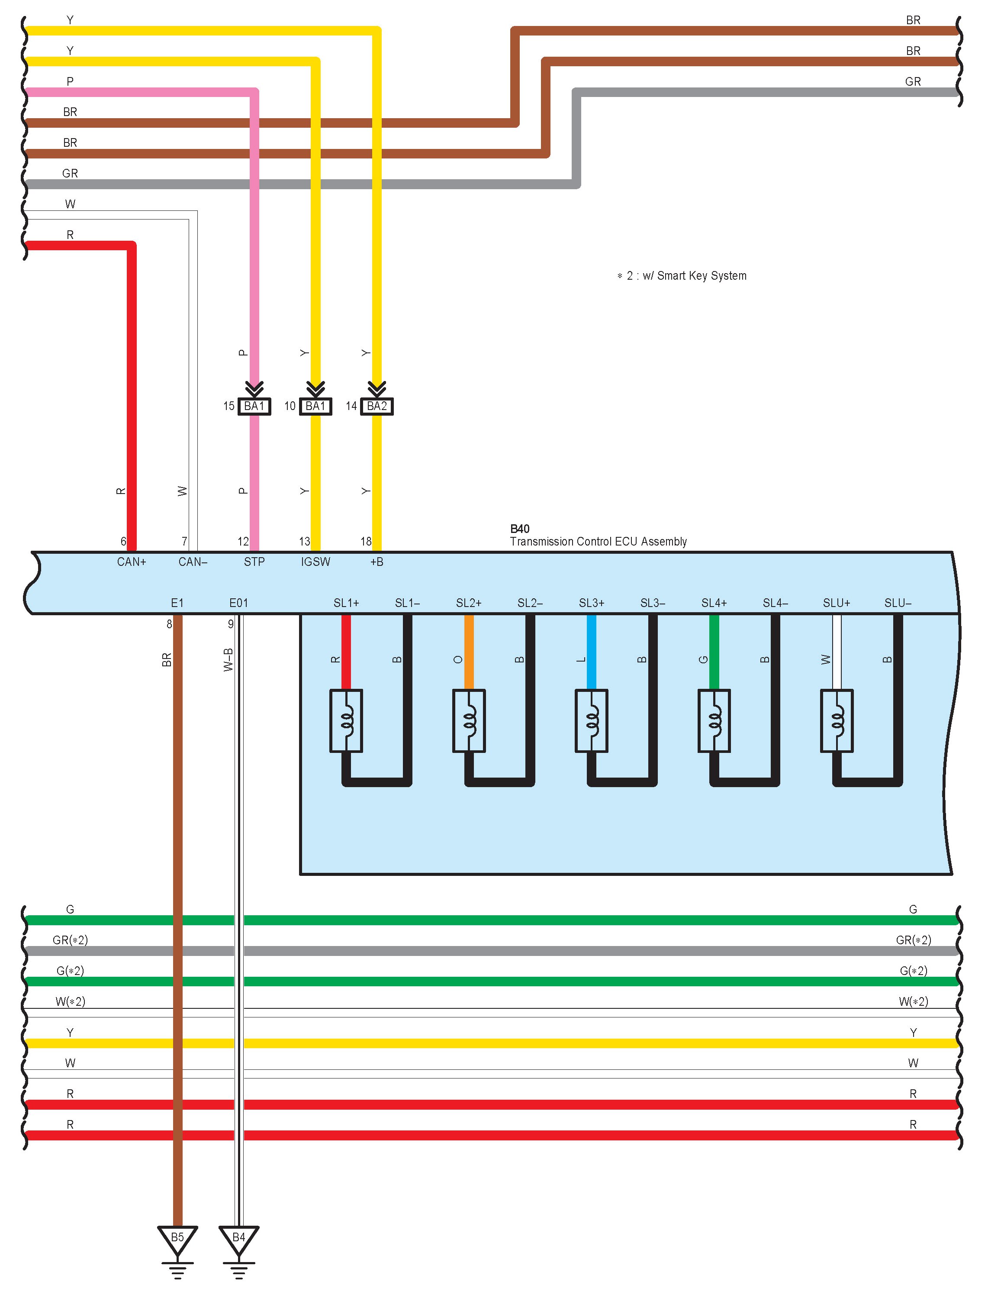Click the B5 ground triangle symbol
click(177, 1239)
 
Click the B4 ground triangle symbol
click(238, 1239)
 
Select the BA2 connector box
click(377, 406)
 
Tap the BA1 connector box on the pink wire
click(254, 406)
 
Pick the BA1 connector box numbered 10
click(315, 406)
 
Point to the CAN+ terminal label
click(131, 562)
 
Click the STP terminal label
click(254, 562)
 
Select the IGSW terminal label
click(315, 562)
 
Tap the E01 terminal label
click(238, 603)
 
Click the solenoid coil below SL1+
click(346, 721)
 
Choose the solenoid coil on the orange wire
click(469, 721)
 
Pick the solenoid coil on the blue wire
click(592, 721)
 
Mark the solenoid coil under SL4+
click(714, 721)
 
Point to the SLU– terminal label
click(898, 603)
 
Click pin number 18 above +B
click(366, 541)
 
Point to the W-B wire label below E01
click(228, 659)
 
